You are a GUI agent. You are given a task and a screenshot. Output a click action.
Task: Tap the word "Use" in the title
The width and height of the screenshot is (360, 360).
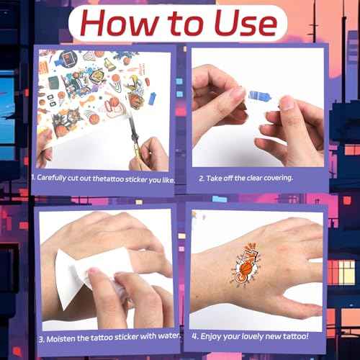pos(246,23)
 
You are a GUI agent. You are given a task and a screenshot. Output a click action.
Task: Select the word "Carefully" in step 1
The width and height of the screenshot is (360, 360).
pos(52,178)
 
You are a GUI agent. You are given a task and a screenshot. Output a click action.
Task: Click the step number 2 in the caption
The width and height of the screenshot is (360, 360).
pos(202,179)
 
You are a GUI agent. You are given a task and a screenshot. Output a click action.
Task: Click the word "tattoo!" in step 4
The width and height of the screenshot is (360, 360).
pos(295,336)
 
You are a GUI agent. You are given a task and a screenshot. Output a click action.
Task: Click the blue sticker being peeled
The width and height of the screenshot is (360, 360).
pos(260,96)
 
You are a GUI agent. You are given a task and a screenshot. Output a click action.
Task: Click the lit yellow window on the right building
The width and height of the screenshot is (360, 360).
pos(341,272)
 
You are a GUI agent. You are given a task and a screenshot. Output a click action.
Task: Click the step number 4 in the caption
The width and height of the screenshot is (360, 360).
pos(194,336)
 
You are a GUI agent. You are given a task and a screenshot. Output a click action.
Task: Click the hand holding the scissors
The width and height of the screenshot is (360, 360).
pos(150,155)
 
